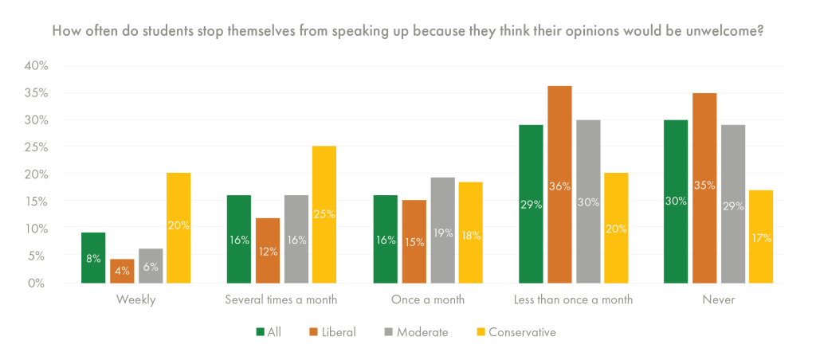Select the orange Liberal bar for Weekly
pyautogui.click(x=121, y=271)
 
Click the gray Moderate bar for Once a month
pyautogui.click(x=442, y=230)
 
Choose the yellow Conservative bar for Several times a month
pyautogui.click(x=324, y=214)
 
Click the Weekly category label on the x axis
pyautogui.click(x=135, y=300)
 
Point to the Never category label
pyautogui.click(x=719, y=300)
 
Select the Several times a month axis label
pyautogui.click(x=281, y=300)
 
